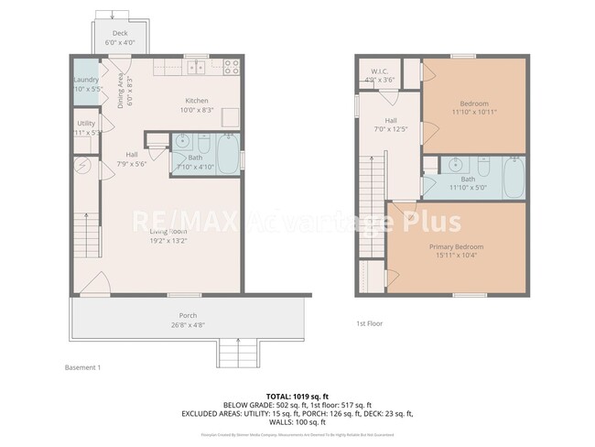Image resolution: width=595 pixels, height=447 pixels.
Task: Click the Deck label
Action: coord(120,33)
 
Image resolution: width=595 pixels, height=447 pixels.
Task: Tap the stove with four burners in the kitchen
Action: coord(229,67)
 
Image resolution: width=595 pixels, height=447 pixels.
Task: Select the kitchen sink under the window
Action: coord(194,68)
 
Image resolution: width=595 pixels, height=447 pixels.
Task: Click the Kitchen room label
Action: coord(198,101)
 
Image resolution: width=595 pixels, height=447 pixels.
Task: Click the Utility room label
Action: coord(86,123)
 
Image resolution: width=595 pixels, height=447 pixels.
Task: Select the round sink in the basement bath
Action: coord(181,142)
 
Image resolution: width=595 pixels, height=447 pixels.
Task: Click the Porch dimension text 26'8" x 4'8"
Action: coord(187,323)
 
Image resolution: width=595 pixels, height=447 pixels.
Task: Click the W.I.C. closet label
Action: coord(381,71)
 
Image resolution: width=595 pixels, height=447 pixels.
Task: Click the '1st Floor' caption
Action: coord(368,323)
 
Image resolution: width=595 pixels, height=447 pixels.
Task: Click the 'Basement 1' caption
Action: coord(82,367)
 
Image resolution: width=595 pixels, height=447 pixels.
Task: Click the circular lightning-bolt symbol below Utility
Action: coord(82,167)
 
